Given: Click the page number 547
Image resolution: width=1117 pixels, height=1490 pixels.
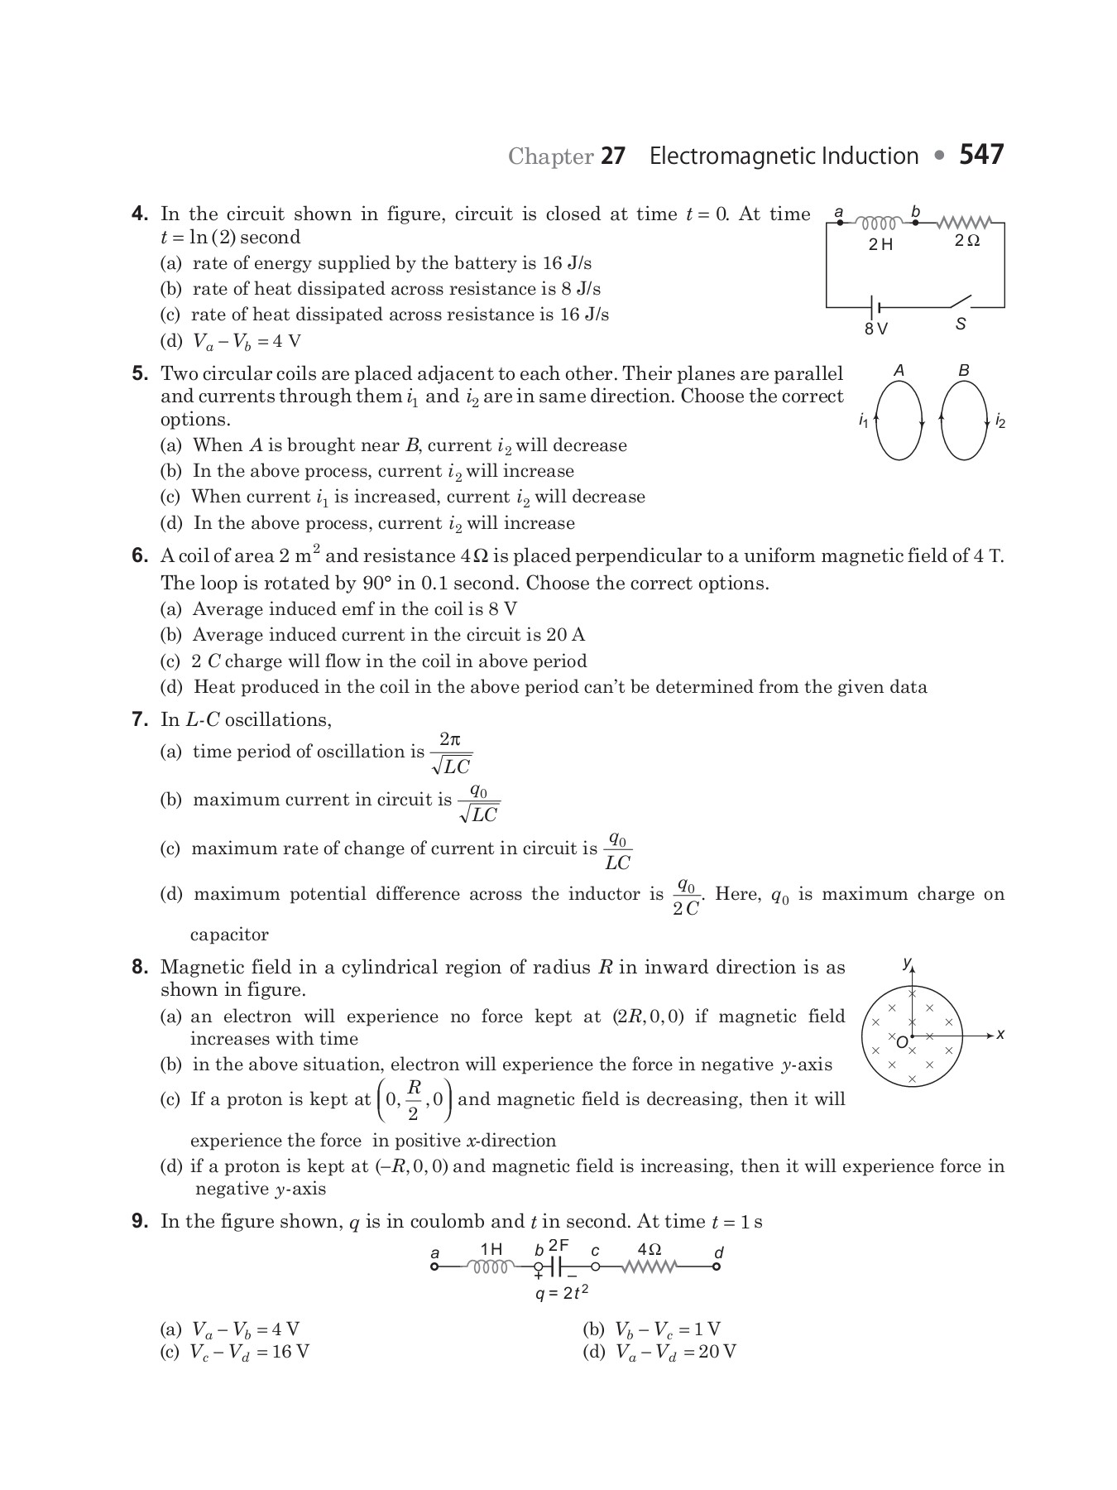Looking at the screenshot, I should click(x=981, y=155).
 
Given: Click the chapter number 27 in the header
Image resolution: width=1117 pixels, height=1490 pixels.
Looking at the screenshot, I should click(x=612, y=156).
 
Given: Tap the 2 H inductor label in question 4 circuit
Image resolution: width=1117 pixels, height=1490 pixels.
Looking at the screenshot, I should click(x=880, y=244).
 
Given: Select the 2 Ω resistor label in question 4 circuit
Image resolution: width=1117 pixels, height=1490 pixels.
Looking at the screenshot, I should click(x=966, y=241).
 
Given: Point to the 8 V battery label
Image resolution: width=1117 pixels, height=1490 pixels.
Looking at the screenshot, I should click(x=875, y=329).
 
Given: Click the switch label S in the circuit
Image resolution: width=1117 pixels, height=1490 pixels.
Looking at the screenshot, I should click(x=961, y=324).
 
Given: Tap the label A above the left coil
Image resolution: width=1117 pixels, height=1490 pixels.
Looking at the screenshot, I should click(x=899, y=371).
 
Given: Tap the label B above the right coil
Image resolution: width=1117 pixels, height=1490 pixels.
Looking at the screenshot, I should click(x=964, y=371).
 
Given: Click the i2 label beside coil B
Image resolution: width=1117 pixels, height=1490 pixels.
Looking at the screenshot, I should click(x=1000, y=422).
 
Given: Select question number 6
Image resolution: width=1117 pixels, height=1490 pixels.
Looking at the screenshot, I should click(x=140, y=556).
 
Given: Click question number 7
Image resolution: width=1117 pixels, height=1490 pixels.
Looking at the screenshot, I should click(x=140, y=719).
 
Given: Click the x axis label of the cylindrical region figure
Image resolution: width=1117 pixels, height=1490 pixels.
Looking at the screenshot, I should click(x=1000, y=1035).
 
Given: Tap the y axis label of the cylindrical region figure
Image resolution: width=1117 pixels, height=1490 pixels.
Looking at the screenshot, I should click(x=907, y=963).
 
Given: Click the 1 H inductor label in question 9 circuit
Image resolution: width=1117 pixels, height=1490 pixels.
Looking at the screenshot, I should click(x=491, y=1249).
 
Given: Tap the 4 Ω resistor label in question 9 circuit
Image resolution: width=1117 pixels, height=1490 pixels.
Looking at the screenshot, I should click(x=650, y=1248).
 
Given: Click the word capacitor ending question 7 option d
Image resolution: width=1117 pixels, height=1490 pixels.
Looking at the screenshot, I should click(x=229, y=935).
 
